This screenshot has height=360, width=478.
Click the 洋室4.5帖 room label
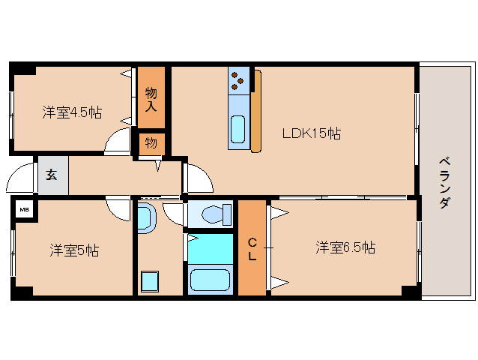coord(72,112)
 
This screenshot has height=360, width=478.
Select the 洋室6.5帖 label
coord(345,247)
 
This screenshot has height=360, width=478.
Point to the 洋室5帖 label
coord(74,250)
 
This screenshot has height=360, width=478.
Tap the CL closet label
coord(252,248)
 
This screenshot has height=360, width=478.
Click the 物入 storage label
coord(151,97)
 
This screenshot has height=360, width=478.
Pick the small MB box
coord(25,209)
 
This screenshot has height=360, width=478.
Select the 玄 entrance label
coord(52,175)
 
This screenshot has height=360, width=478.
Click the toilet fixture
coord(215,214)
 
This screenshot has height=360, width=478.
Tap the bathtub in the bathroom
coord(211,280)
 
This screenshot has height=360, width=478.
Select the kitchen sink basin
coord(238,129)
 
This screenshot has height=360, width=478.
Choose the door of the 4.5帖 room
coord(118,142)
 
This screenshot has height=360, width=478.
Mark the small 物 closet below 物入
coord(151,142)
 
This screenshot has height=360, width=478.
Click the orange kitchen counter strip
coord(256,111)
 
